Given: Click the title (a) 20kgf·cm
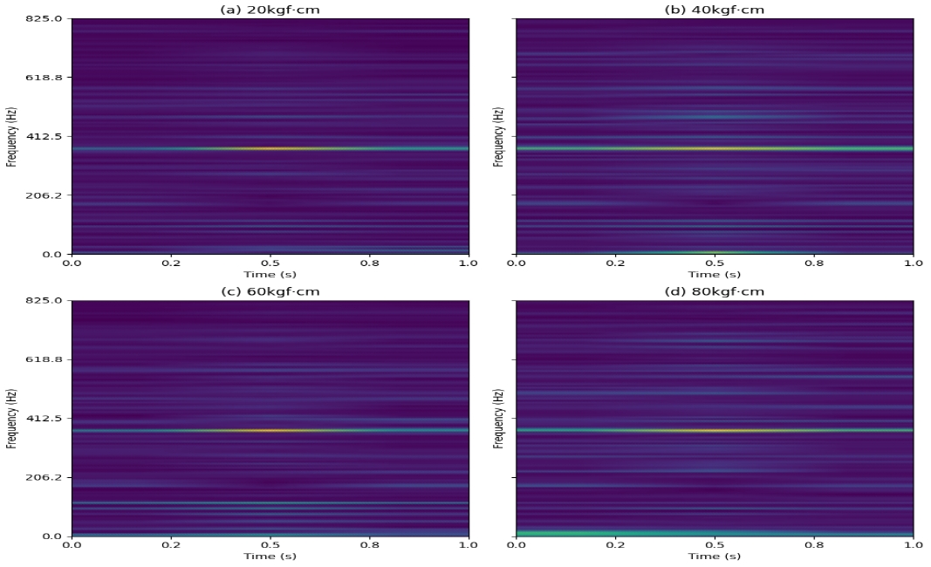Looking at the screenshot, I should point(270,9).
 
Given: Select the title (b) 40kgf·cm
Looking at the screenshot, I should point(715,9).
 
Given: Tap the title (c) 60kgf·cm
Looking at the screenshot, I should point(270,290).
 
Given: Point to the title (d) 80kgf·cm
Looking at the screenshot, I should point(715,290).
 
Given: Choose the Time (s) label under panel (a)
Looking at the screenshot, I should point(270,274).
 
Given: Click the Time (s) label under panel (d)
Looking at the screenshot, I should point(715,556).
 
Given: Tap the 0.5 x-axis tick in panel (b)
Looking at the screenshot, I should point(715,263).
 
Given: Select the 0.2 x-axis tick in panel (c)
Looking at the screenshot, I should point(171,544).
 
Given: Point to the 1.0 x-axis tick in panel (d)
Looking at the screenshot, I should point(912,544).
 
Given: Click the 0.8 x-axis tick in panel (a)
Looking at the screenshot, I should point(369,263).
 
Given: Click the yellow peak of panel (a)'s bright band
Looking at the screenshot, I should point(270,148).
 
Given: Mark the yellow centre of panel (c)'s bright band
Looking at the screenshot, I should point(270,430).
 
